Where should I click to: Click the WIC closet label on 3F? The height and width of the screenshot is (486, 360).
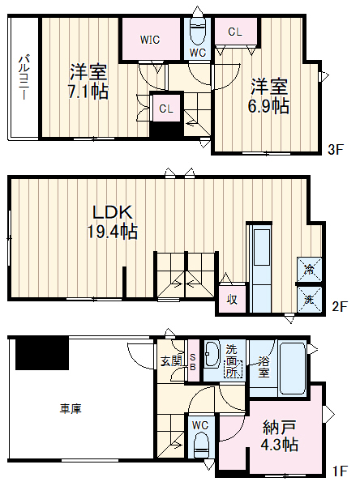coord(149,39)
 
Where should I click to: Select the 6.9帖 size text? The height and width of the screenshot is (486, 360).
coord(268,107)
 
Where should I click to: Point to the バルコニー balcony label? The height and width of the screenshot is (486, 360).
coord(24,78)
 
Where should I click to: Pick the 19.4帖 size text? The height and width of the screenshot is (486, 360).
coord(112,232)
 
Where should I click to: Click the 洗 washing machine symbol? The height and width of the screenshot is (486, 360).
coord(309,300)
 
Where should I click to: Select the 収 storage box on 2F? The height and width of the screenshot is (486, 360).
coord(231,300)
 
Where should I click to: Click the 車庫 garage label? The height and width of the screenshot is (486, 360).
coord(69,408)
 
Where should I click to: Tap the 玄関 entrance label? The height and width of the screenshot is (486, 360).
coord(171,361)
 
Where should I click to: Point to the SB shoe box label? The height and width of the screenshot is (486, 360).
coord(193,361)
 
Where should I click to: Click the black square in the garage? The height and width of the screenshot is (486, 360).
coord(42,353)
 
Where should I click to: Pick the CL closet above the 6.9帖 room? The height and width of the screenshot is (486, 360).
coord(235,32)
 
